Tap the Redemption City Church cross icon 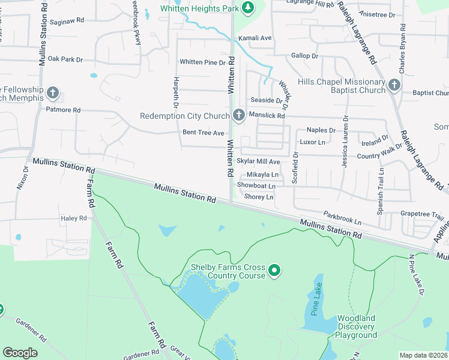pos(239,115)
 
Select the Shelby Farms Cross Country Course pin pos(274,271)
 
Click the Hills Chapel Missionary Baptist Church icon pos(394,85)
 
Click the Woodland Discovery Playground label pos(356,326)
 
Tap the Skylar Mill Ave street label pos(258,161)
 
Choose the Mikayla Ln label pos(263,175)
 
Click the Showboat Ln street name pos(256,185)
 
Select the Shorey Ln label pos(259,197)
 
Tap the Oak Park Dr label pos(65,59)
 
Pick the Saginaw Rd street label pos(67,20)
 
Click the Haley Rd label pos(74,218)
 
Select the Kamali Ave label pos(255,38)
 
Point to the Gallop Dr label pos(304,56)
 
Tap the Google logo pos(20,353)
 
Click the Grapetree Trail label pos(421,214)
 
